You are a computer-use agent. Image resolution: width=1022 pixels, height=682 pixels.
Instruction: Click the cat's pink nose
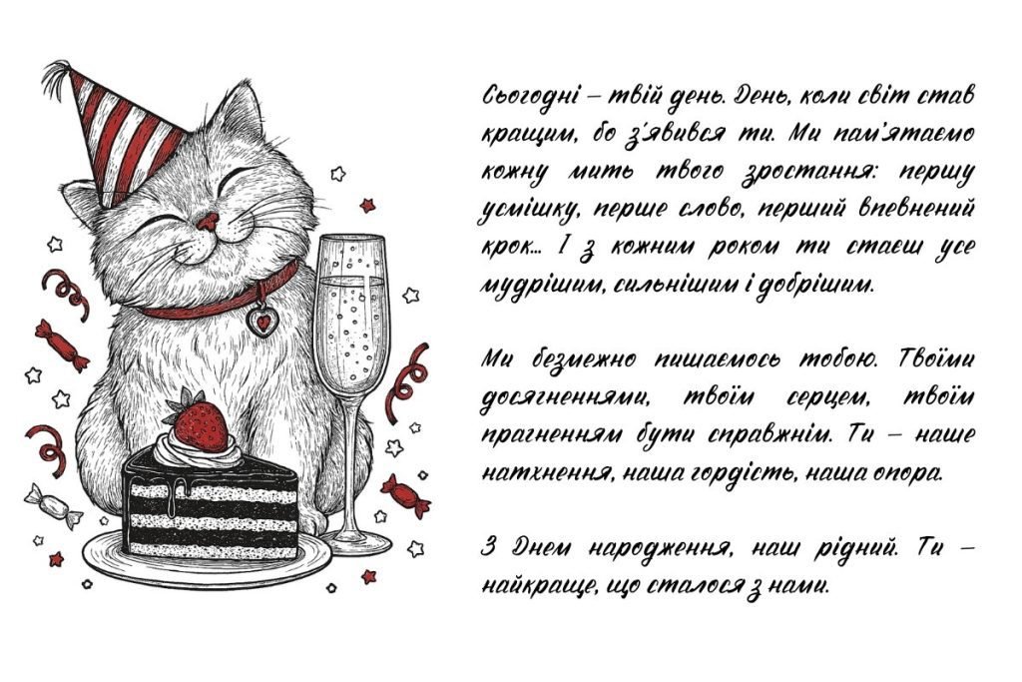pos(208,222)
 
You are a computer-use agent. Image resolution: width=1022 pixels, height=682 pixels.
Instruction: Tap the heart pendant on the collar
pos(262,321)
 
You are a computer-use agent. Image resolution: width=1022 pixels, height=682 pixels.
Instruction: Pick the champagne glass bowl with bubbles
pos(351,307)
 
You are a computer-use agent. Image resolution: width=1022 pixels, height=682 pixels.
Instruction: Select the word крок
pos(508,247)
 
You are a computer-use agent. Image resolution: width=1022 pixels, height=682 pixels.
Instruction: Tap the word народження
pos(659,548)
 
